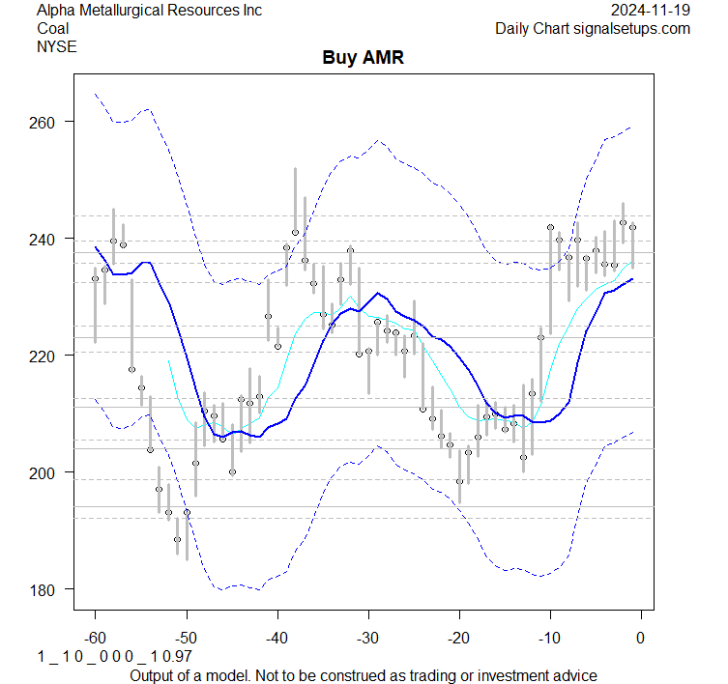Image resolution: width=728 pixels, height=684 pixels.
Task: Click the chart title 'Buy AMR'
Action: [x=363, y=58]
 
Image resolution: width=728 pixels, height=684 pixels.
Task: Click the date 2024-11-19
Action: [x=652, y=11]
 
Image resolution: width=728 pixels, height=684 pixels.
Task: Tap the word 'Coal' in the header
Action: [x=53, y=28]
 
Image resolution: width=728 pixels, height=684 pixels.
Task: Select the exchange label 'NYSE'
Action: [x=57, y=45]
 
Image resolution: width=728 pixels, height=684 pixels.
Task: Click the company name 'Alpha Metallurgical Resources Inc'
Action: [x=149, y=11]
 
